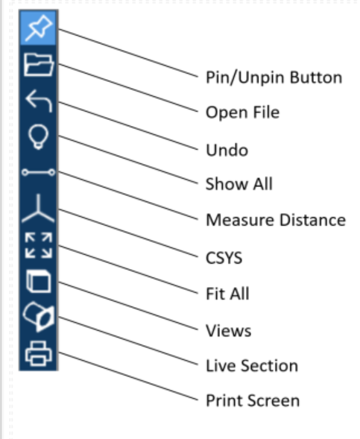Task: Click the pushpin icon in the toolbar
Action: tap(39, 28)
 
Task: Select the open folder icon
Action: tap(39, 65)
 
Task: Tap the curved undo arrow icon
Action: tap(39, 101)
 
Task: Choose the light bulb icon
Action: tap(39, 137)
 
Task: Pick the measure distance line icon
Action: tap(39, 172)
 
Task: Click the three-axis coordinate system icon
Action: tap(38, 209)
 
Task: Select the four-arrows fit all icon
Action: tap(39, 245)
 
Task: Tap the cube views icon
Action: tap(39, 282)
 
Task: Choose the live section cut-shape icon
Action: tap(39, 317)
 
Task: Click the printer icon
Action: tap(39, 353)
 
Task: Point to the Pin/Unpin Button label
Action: tap(274, 78)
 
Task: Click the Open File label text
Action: tap(242, 113)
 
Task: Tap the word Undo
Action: tap(227, 150)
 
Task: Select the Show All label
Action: tap(239, 184)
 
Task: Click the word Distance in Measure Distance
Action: tap(313, 220)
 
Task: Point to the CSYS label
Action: tap(224, 258)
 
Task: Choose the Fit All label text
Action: tap(227, 294)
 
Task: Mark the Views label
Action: tap(228, 331)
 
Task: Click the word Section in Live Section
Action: tap(269, 366)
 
